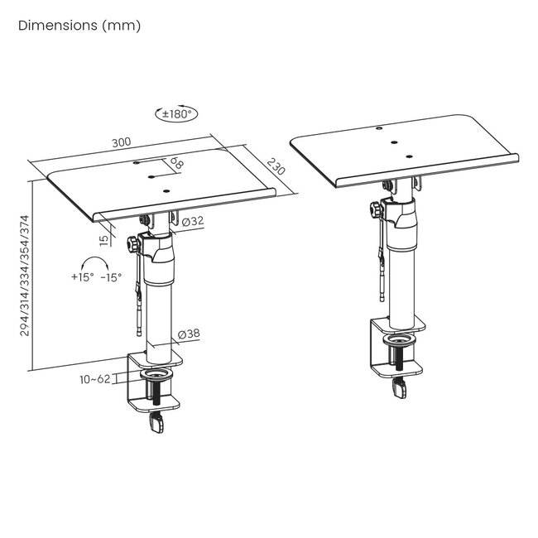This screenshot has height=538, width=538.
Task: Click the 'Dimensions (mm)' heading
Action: pyautogui.click(x=79, y=26)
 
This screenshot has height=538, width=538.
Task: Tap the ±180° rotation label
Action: pyautogui.click(x=176, y=114)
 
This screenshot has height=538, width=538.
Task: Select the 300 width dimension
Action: pyautogui.click(x=122, y=142)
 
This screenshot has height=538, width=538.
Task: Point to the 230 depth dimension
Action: pyautogui.click(x=276, y=166)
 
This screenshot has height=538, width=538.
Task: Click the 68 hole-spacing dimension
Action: pyautogui.click(x=176, y=162)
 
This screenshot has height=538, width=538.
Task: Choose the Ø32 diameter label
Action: pyautogui.click(x=193, y=221)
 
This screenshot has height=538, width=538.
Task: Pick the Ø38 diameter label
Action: pyautogui.click(x=189, y=334)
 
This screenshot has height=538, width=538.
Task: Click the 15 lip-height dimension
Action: pyautogui.click(x=104, y=240)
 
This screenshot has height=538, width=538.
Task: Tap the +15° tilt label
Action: pyautogui.click(x=82, y=276)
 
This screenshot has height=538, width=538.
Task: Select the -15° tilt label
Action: pyautogui.click(x=111, y=277)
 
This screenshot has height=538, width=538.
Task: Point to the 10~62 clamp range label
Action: pyautogui.click(x=95, y=379)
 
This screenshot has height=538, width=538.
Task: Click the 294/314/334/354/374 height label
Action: pyautogui.click(x=25, y=276)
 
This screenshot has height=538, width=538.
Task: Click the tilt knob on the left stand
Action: pyautogui.click(x=133, y=244)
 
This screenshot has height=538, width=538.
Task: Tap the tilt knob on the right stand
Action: pyautogui.click(x=376, y=209)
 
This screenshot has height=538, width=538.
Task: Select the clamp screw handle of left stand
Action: pyautogui.click(x=157, y=423)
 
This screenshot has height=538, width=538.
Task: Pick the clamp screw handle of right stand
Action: pyautogui.click(x=400, y=389)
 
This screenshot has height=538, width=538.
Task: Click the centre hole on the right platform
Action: pyautogui.click(x=394, y=142)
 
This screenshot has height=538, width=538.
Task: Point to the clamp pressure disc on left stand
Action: pyautogui.click(x=157, y=374)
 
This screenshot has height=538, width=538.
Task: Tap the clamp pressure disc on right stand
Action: pyautogui.click(x=400, y=340)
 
